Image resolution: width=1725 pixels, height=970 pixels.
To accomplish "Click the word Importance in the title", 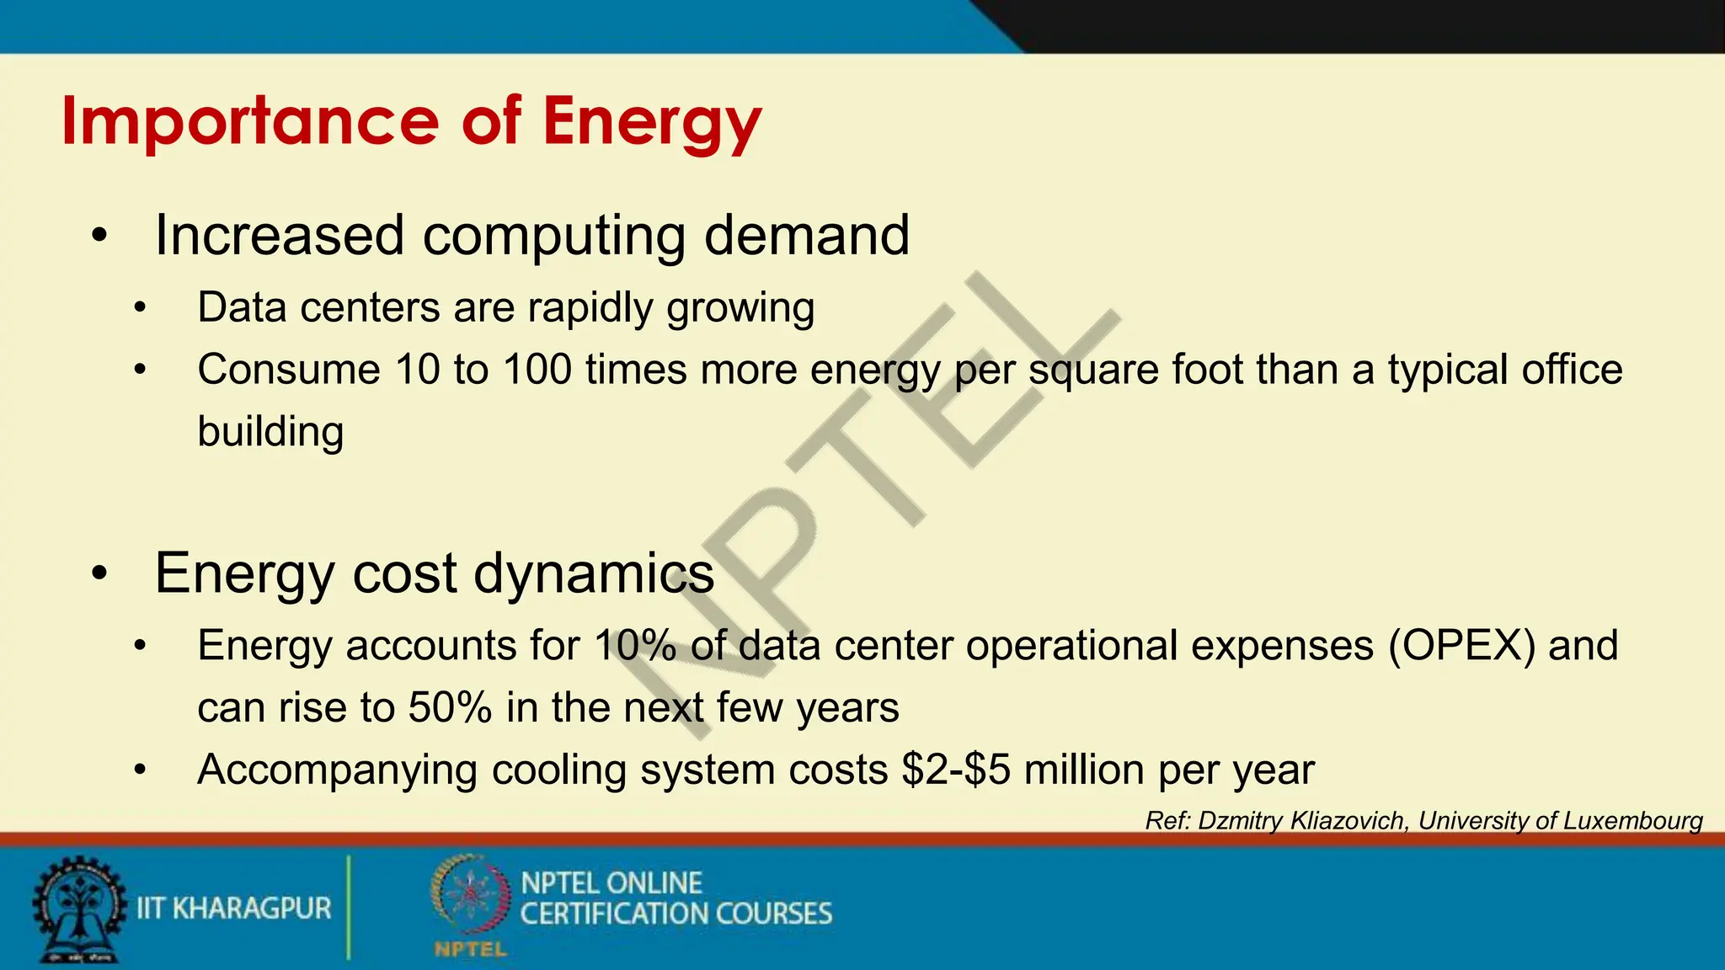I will pyautogui.click(x=250, y=121).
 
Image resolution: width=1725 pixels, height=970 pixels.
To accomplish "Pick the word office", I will pyautogui.click(x=1572, y=370).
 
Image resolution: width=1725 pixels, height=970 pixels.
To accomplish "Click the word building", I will pyautogui.click(x=270, y=432).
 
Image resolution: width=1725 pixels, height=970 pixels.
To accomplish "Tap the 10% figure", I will pyautogui.click(x=635, y=646).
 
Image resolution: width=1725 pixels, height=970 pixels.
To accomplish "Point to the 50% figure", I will pyautogui.click(x=450, y=707).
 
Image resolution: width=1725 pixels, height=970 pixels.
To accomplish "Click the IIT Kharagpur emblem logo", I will pyautogui.click(x=77, y=909).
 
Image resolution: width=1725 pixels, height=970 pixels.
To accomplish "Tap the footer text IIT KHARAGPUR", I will pyautogui.click(x=233, y=909).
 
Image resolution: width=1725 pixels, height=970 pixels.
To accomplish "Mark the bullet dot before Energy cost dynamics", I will pyautogui.click(x=100, y=574).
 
